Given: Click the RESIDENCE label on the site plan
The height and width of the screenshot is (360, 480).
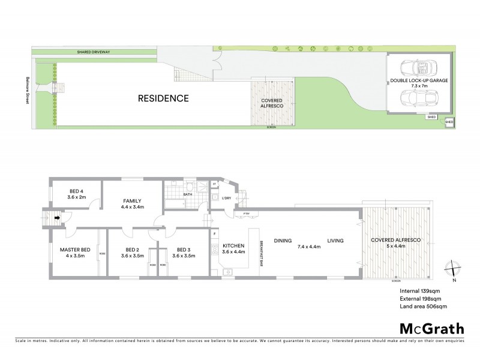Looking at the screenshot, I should point(164,98).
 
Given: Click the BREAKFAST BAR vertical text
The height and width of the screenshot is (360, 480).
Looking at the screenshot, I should point(261,252).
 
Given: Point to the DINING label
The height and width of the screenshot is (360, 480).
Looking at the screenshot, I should point(283,241).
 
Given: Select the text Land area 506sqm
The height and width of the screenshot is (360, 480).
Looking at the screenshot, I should point(423,306).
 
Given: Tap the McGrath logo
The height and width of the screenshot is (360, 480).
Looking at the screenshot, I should point(431,328).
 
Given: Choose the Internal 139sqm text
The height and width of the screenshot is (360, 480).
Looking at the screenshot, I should point(419,290).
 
